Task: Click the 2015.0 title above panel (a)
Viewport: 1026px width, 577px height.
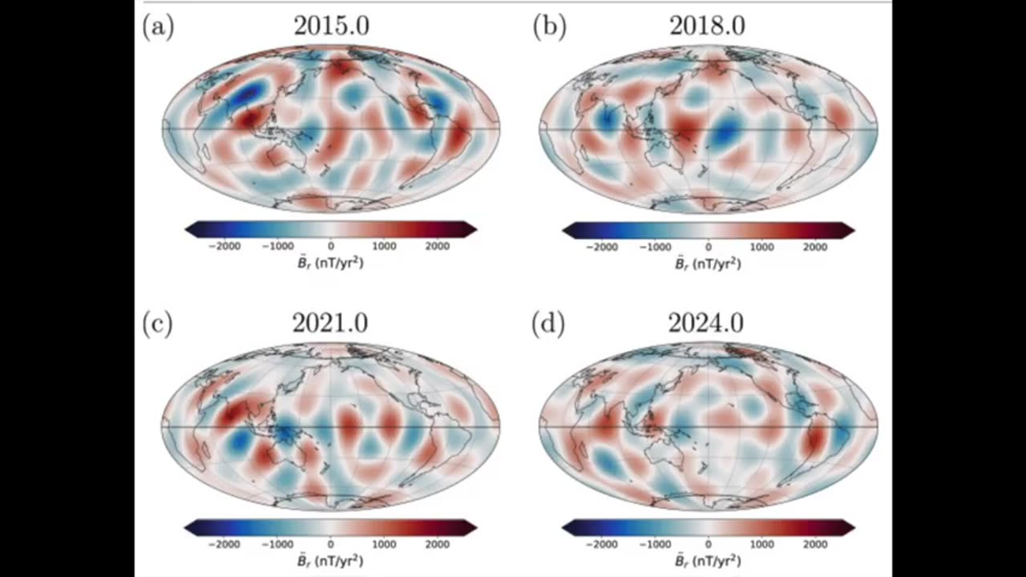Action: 331,26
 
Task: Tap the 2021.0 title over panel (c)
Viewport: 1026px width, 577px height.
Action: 330,323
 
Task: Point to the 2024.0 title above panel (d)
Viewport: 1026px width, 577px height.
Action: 707,323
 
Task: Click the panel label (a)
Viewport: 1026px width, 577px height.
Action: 158,26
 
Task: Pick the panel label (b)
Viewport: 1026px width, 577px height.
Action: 550,26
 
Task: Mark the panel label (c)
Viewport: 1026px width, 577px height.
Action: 157,323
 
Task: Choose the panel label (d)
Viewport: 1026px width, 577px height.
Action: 550,323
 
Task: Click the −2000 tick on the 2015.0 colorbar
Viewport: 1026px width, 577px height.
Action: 224,247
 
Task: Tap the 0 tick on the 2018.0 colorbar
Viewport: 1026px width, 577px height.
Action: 708,247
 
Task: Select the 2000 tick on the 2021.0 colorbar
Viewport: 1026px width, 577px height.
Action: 438,544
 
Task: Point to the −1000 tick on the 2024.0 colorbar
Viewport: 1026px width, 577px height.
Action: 655,544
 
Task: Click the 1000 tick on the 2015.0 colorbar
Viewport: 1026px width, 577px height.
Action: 384,247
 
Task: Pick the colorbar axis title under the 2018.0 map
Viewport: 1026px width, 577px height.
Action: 708,264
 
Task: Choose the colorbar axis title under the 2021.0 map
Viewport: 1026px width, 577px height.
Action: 330,560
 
